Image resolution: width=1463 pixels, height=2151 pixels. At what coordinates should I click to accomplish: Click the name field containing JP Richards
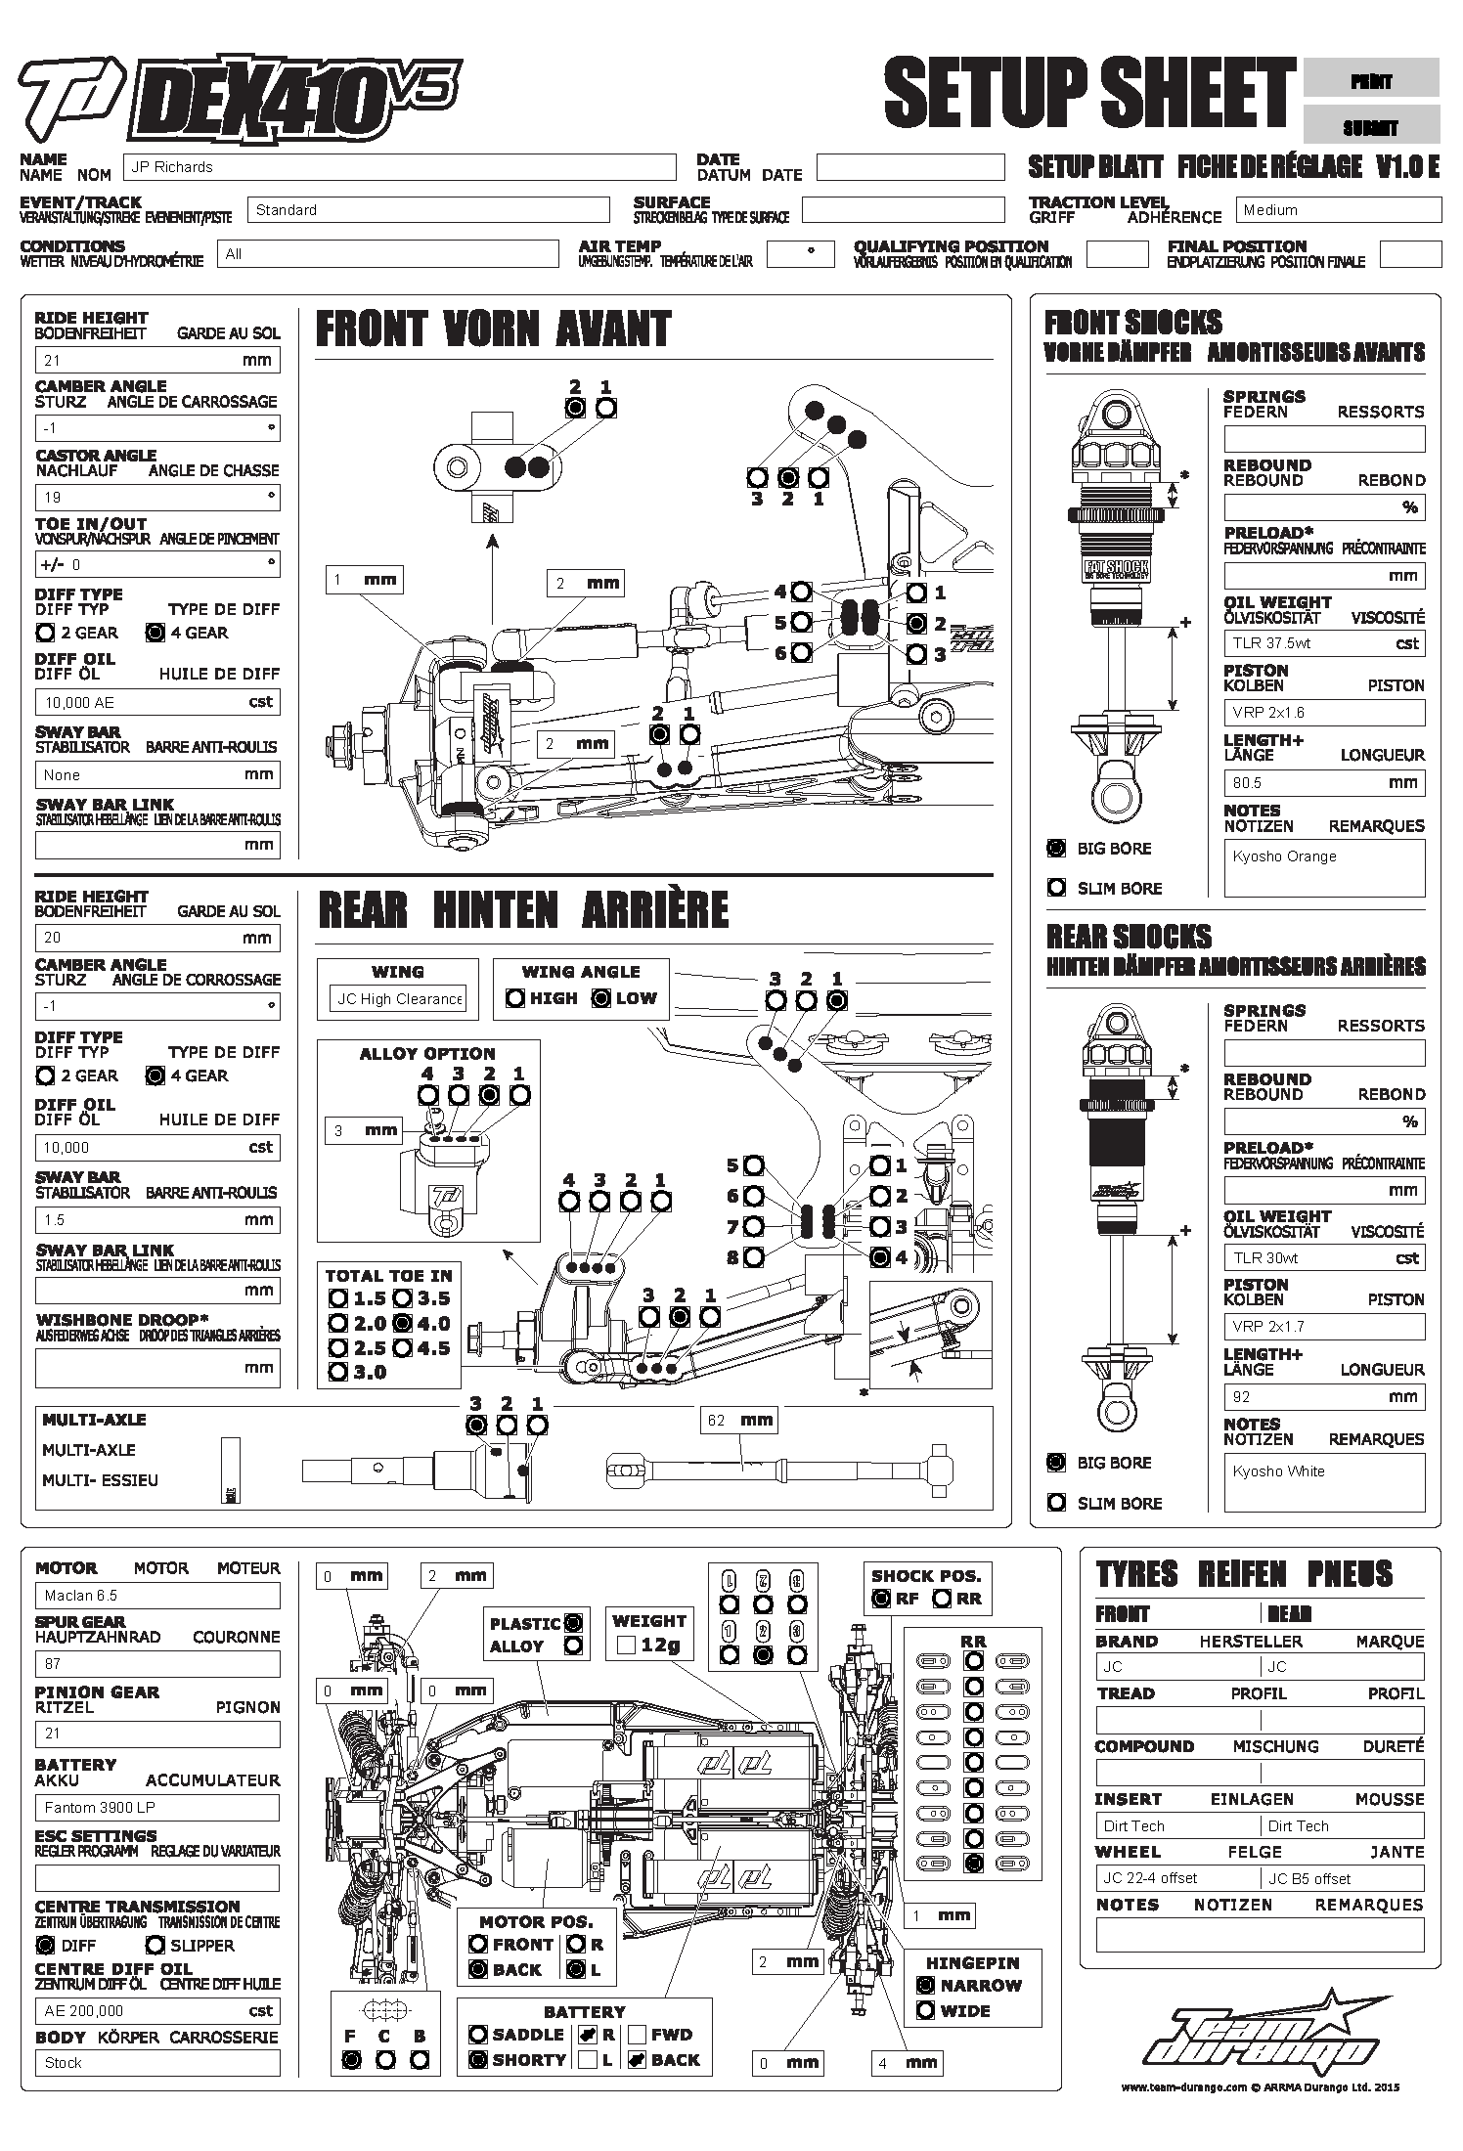399,167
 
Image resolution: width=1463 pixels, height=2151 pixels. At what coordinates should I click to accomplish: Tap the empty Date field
909,167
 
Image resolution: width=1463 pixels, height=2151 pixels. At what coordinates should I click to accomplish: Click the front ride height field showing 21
156,360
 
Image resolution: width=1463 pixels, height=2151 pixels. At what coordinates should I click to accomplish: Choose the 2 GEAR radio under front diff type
45,633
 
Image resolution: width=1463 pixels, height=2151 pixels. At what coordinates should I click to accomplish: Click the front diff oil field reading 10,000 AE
156,702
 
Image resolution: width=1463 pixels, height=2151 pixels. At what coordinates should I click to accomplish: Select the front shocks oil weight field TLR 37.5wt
1324,643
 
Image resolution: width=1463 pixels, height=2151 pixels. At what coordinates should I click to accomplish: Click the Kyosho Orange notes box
1324,867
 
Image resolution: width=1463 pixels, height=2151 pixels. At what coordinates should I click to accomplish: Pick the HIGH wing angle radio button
515,998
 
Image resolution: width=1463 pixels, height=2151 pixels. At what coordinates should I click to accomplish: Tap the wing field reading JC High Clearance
398,999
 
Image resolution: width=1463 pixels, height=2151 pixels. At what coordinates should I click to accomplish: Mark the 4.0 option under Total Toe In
402,1324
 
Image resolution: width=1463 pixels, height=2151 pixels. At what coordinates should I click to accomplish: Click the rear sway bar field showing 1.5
156,1220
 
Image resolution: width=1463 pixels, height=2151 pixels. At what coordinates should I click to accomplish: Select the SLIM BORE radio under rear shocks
1056,1502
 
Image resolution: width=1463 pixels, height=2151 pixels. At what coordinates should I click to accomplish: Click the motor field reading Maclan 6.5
156,1596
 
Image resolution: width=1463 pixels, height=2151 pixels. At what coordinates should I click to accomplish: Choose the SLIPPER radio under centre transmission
155,1945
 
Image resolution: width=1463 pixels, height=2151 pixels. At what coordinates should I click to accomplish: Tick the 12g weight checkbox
627,1646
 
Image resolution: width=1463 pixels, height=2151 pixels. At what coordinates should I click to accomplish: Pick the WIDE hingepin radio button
925,2011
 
